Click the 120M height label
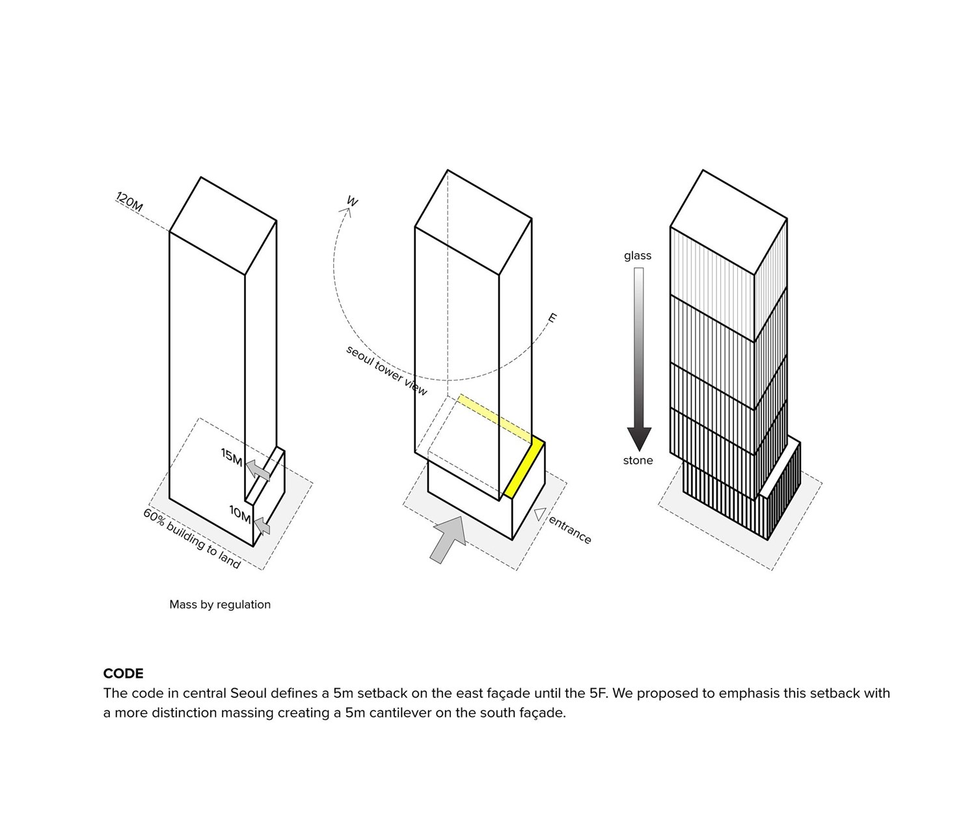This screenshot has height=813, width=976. [129, 202]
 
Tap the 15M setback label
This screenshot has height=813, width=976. [232, 457]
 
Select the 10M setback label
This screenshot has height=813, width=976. [240, 514]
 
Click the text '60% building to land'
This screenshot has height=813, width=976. [192, 539]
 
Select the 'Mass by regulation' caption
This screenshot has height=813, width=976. [220, 605]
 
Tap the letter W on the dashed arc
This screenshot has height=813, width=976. [352, 202]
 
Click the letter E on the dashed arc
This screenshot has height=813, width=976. [552, 318]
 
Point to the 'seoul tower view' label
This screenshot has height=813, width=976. [386, 371]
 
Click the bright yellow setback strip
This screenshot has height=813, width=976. [524, 469]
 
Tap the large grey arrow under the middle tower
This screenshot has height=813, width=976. [448, 539]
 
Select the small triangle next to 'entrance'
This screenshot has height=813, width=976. [539, 514]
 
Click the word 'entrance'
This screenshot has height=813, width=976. [570, 530]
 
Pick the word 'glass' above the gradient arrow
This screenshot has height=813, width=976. [637, 256]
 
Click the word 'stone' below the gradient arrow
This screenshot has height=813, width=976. [638, 460]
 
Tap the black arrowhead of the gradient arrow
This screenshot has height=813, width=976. [639, 439]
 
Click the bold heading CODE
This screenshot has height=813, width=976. [124, 673]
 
